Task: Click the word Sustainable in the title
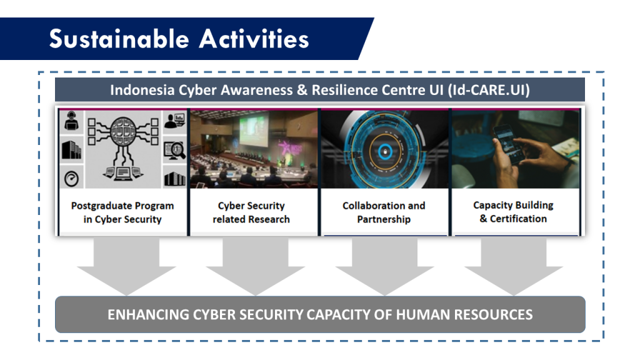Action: point(119,39)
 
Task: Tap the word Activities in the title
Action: point(254,39)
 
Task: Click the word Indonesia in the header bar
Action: point(142,90)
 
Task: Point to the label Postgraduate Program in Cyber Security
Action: point(122,212)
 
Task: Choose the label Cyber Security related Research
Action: point(251,212)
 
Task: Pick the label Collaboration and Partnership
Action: point(384,212)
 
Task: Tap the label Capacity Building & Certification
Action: point(513,212)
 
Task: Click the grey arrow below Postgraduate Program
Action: point(126,266)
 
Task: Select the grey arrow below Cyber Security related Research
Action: point(256,266)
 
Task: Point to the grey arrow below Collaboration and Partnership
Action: point(384,266)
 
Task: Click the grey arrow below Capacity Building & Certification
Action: point(514,266)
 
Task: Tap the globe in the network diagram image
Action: point(122,131)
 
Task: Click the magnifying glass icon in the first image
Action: point(175,150)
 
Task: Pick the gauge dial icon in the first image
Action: point(71,178)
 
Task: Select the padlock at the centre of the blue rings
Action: point(384,152)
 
